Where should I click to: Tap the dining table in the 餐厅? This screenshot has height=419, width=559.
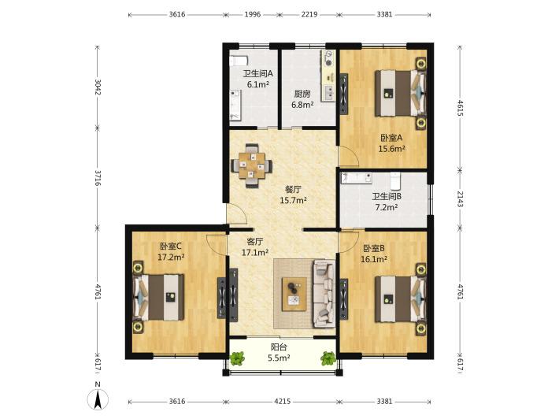pos(252,165)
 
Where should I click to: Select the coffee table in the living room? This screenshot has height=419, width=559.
pos(294,294)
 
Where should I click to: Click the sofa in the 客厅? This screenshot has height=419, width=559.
pos(324,294)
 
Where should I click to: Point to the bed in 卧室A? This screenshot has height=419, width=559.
pos(400,94)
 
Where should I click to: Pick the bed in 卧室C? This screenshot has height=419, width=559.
pos(158,297)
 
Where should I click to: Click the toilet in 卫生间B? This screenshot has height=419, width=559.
pos(395,181)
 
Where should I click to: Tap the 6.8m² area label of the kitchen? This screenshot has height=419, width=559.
pos(302,106)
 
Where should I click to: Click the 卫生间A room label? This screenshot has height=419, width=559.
pos(257,74)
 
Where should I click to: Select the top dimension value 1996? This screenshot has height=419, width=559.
pos(253,15)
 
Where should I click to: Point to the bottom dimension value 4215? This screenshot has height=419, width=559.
pos(282,402)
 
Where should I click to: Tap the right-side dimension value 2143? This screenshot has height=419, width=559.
pos(461,198)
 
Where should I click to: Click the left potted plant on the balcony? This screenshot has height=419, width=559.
pos(237,358)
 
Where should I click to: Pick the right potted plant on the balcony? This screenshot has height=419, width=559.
pos(328,358)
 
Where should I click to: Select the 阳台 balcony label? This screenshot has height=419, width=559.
pos(279,347)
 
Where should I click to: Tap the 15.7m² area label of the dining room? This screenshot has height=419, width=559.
pos(294,200)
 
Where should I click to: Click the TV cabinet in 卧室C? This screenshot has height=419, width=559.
pos(222,298)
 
